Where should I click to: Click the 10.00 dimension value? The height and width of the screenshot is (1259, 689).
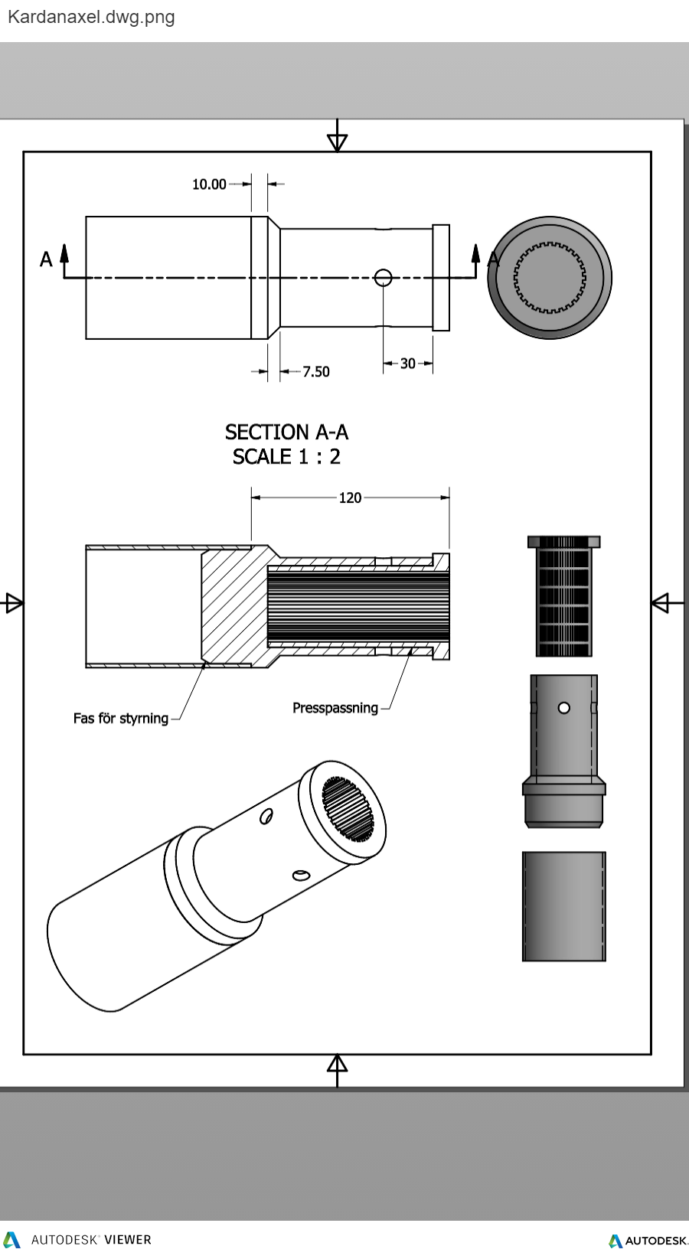coord(209,184)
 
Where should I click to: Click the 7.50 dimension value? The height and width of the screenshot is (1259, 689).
coord(315,372)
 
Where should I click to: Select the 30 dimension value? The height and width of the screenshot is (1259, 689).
coord(408,364)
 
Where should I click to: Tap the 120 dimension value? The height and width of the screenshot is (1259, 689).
coord(350,498)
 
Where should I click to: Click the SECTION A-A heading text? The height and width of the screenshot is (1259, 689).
coord(286,432)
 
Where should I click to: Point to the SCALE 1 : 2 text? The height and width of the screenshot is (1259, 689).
coord(286,457)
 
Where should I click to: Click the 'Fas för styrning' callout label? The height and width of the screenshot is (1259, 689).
coord(121,719)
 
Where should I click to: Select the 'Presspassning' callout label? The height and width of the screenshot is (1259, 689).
coord(335,708)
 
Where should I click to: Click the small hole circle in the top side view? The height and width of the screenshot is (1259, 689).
coord(384,277)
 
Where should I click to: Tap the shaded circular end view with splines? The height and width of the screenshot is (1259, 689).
coord(550,277)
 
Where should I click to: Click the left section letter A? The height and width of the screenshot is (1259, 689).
coord(47,259)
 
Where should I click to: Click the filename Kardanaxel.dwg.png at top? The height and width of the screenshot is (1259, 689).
coord(91,17)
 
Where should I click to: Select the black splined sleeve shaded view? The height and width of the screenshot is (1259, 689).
coord(564,596)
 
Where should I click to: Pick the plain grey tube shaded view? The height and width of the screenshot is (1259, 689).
coord(564,906)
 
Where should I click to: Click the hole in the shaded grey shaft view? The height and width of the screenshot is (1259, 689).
coord(564,708)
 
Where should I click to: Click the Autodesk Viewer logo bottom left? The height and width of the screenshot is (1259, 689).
coord(77,1240)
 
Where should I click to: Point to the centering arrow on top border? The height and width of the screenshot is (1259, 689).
coord(337,141)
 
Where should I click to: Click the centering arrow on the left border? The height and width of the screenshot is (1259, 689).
coord(13,603)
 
